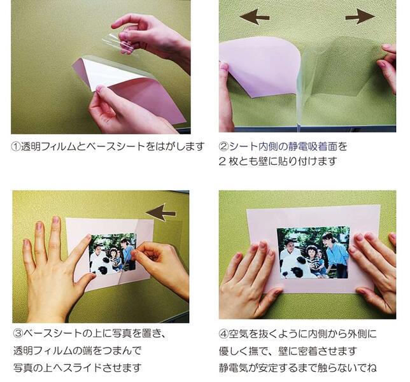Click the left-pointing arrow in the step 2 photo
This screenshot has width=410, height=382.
(254, 17)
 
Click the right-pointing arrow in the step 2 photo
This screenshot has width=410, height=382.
(360, 17)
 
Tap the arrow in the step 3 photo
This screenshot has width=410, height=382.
(161, 212)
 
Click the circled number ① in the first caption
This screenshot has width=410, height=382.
(16, 146)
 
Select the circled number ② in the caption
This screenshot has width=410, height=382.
(223, 146)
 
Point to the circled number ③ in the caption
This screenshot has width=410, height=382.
(18, 334)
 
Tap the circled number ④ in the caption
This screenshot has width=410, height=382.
(223, 334)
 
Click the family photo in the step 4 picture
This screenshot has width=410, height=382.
(313, 252)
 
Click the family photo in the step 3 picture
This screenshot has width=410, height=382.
(113, 253)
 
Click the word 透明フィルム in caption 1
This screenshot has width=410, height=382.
(48, 146)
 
